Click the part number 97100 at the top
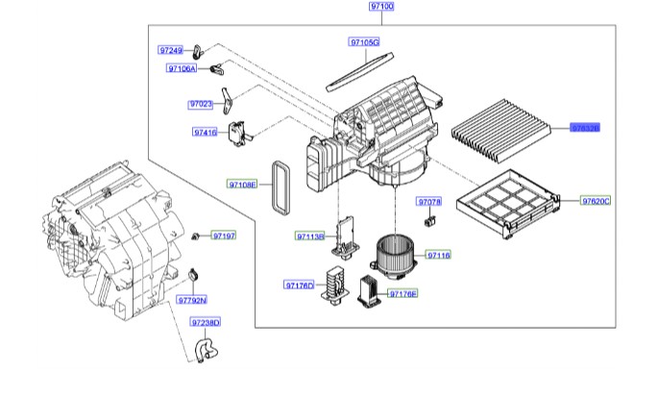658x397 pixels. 381,7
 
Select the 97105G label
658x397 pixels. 364,43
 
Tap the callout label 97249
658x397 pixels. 170,49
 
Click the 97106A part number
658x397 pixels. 181,69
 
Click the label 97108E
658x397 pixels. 242,184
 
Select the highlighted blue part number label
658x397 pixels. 585,127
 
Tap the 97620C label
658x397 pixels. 596,200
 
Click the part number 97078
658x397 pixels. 428,203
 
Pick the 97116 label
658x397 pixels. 438,256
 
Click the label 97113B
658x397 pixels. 310,236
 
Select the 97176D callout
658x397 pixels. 299,285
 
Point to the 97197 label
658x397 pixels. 223,236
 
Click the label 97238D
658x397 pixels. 205,323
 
